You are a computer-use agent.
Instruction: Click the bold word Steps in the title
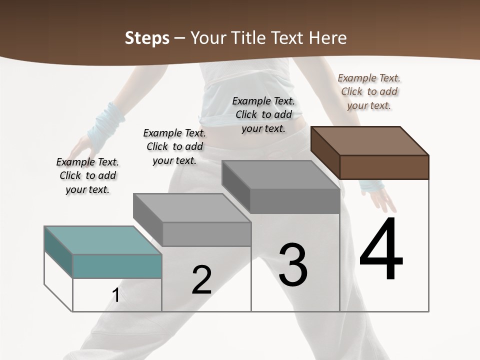[x=146, y=38]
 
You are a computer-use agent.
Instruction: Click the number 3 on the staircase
[x=293, y=265]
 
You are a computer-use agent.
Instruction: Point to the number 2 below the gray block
[x=202, y=280]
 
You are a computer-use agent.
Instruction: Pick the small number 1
[x=115, y=295]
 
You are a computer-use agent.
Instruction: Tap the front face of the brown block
[x=384, y=167]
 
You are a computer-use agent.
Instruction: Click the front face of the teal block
[x=117, y=266]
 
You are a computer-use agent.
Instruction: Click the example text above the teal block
[x=87, y=175]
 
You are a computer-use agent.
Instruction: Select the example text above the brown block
[x=369, y=91]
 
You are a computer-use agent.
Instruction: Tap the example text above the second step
[x=174, y=146]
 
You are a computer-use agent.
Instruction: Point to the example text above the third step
[x=263, y=114]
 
